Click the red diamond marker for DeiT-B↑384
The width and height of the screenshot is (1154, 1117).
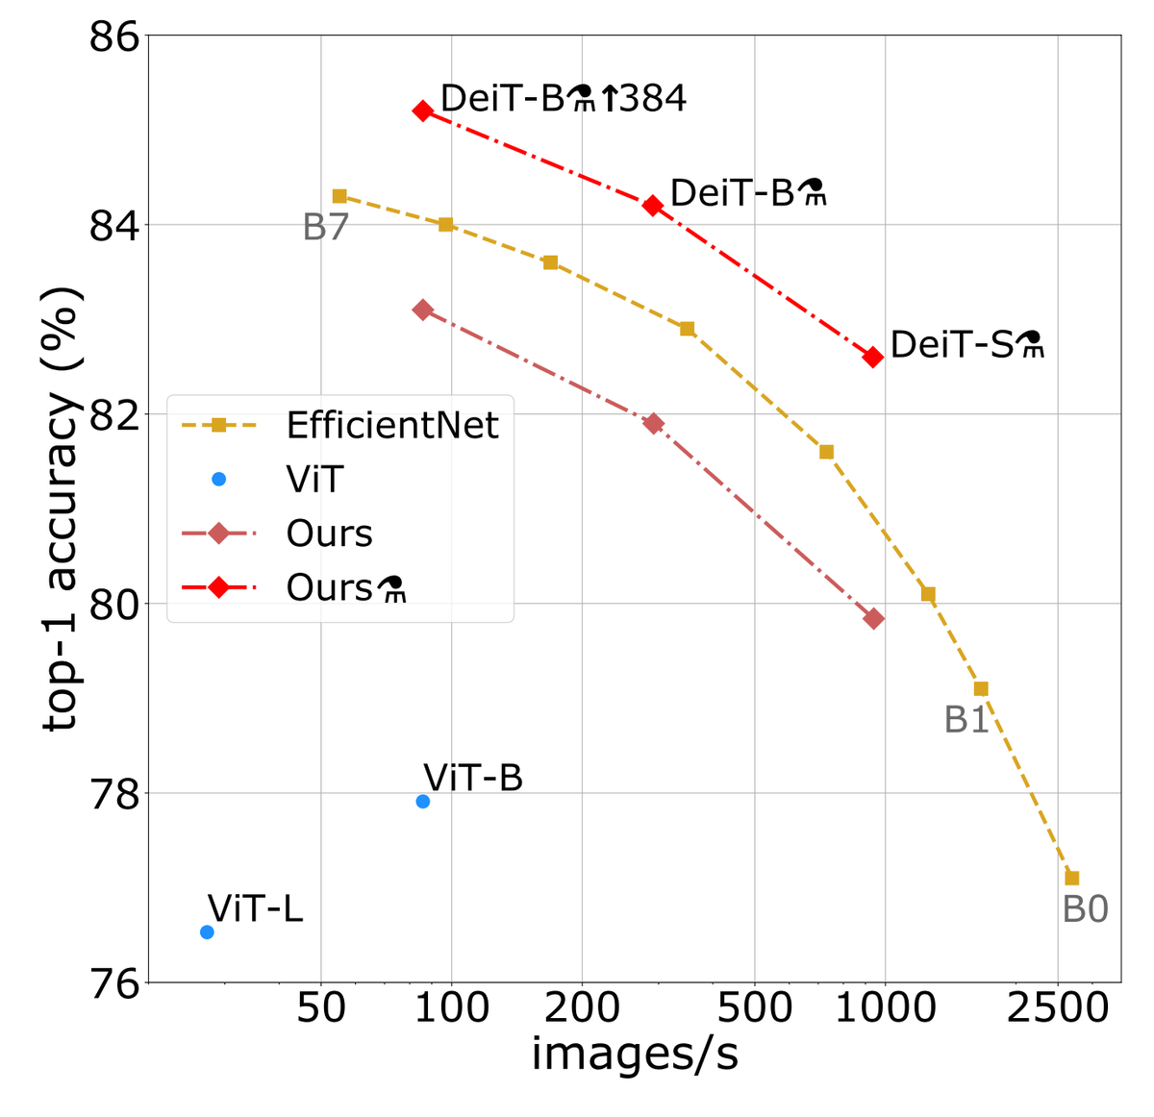[422, 111]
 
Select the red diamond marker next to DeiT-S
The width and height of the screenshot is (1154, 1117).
[873, 357]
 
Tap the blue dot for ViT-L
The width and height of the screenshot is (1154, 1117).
[207, 931]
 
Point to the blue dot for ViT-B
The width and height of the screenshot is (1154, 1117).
[422, 801]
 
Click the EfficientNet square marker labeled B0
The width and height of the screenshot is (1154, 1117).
[1071, 878]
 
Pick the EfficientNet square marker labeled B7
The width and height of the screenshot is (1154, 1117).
[339, 196]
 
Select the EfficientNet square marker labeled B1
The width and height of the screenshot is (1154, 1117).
[981, 688]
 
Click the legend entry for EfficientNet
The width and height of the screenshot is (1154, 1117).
[392, 425]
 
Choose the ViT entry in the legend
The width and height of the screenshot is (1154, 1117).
[314, 479]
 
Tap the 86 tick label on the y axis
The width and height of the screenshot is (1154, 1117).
[113, 37]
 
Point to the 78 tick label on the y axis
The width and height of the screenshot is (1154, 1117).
[113, 794]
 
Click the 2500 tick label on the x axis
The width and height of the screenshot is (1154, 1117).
[1058, 1008]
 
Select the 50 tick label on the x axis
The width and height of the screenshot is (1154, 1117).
[320, 1008]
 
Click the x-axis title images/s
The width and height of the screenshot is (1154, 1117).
[635, 1055]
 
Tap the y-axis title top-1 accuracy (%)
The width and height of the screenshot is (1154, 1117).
[62, 509]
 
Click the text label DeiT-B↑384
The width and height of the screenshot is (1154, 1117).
[564, 98]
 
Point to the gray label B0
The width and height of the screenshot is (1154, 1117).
[1085, 909]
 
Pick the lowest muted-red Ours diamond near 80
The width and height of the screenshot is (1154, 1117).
[873, 618]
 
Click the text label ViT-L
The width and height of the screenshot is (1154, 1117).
[255, 907]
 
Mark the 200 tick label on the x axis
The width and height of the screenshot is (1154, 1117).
[581, 1008]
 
